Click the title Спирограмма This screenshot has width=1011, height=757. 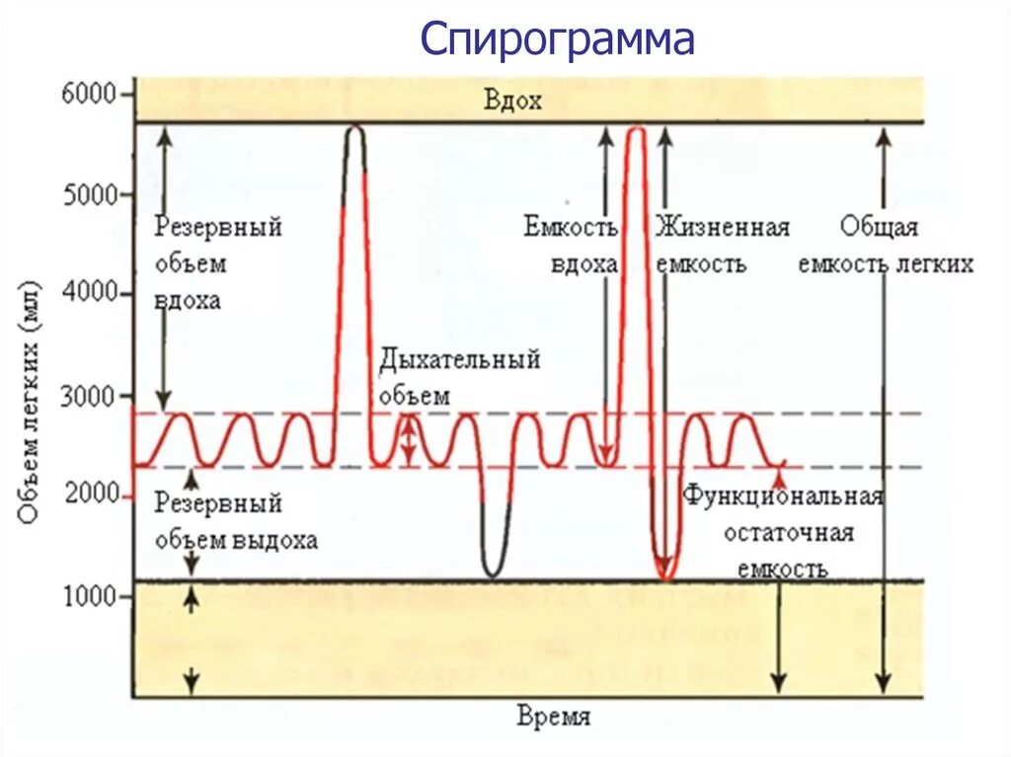point(558,40)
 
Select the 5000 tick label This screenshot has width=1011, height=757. point(91,195)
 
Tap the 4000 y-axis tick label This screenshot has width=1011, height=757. point(91,295)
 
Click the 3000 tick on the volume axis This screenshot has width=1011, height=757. point(91,396)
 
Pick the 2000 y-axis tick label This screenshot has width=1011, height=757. point(91,495)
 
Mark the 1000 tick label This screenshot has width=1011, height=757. point(91,596)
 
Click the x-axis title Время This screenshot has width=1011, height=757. point(554,717)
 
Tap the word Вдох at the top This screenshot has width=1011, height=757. point(512,101)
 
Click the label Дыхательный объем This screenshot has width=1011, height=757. point(459,377)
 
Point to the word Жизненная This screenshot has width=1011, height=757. point(722,228)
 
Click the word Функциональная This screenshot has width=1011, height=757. point(782,495)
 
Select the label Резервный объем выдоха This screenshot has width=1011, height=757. point(236,521)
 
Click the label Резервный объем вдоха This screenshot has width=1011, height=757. point(218,264)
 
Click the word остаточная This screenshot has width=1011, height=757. point(788,533)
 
